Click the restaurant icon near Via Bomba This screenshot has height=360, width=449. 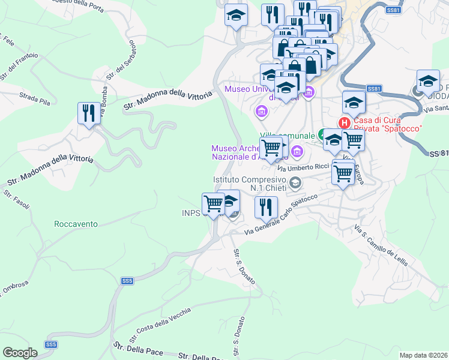[89, 113]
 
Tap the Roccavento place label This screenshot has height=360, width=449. [76, 224]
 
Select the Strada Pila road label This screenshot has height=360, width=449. [34, 99]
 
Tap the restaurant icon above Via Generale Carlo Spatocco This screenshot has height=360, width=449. [265, 206]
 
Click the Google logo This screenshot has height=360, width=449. [20, 353]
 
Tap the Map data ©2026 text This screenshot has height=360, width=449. [423, 355]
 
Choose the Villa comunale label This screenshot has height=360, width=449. [287, 136]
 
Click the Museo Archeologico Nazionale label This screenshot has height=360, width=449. [237, 153]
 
